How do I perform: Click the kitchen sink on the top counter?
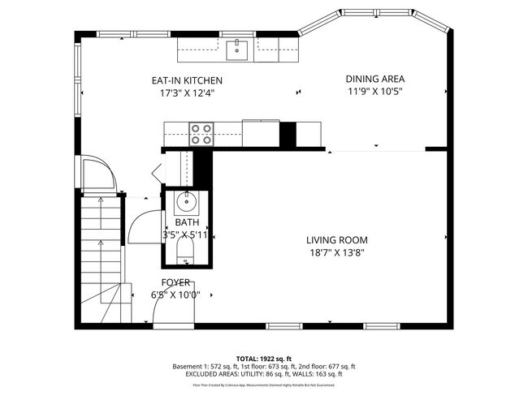(239, 48)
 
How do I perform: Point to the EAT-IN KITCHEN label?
(187, 80)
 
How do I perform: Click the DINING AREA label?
(375, 79)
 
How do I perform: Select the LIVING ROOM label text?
(336, 240)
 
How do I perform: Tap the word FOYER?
(175, 282)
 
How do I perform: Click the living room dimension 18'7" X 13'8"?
(336, 252)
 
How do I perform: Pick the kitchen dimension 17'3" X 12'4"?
(187, 93)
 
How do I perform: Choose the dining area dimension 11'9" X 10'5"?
(375, 91)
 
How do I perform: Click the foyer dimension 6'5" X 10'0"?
(175, 295)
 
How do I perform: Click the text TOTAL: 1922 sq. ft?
(263, 357)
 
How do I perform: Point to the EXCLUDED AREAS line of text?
(263, 374)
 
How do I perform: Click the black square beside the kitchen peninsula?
(288, 134)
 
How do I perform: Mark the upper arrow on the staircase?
(100, 200)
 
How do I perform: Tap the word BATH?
(187, 222)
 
